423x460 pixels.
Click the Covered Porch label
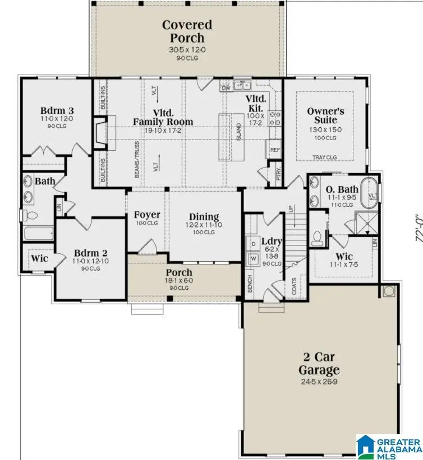coord(187,31)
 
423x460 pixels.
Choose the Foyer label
coord(146,215)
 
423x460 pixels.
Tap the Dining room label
coord(204,217)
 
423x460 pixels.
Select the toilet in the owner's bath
coord(319,238)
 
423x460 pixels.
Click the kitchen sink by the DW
coord(243,86)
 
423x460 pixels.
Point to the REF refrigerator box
coord(275,150)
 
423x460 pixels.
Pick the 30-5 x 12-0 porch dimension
coord(187,49)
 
